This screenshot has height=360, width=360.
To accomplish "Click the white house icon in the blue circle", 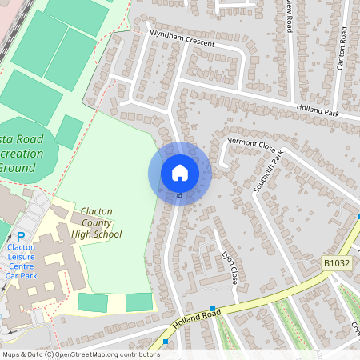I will point(180,173).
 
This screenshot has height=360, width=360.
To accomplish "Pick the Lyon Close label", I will point(230,269).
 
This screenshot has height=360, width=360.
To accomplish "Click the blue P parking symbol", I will point(21,236).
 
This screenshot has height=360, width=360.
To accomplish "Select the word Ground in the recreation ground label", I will point(18,168).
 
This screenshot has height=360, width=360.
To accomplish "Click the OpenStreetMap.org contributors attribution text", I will point(110,354).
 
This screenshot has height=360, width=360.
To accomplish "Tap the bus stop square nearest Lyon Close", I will point(213,309).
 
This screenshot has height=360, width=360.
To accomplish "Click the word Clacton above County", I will point(96,211).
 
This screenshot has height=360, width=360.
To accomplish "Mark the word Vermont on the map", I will point(242,140).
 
